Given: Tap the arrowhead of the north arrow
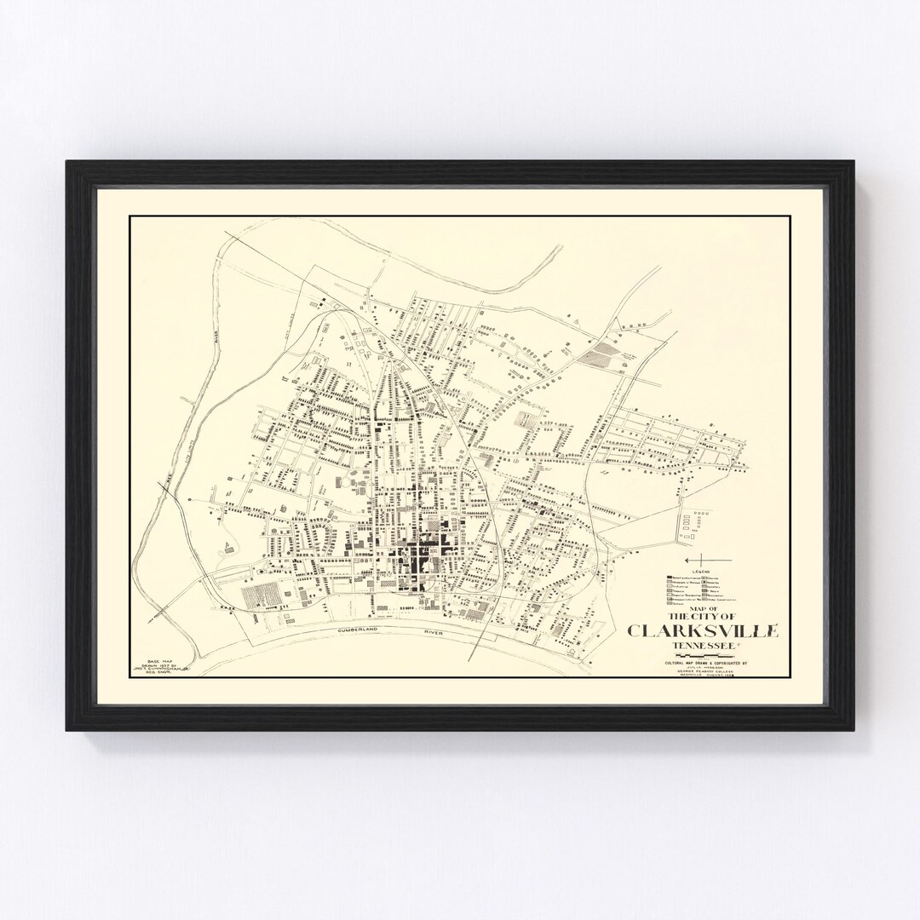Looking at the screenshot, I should tap(687, 559).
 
